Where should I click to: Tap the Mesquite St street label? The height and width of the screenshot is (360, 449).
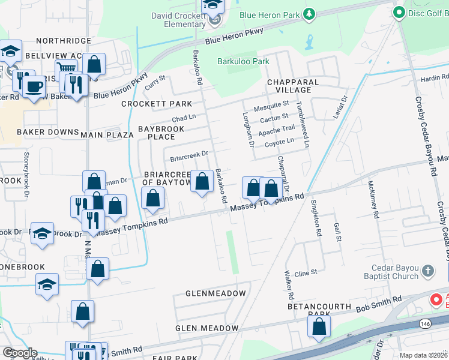(x=271, y=106)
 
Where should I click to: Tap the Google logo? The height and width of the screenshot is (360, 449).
(x=19, y=353)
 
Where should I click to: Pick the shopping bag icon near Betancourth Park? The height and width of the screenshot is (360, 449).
(x=319, y=326)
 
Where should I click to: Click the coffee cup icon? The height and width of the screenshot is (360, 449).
(x=34, y=86)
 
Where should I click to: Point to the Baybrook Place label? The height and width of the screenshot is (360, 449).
(x=157, y=133)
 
